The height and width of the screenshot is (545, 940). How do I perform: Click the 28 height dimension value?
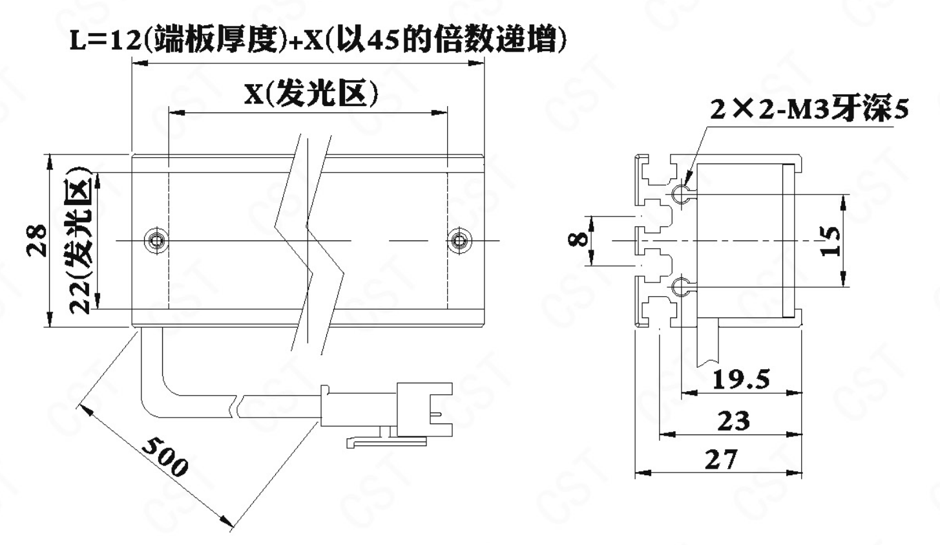coord(37,240)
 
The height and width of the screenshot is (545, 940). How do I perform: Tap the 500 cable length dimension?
coord(165,457)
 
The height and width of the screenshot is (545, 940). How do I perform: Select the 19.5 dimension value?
coord(741,379)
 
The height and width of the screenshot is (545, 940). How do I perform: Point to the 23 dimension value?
coord(733,421)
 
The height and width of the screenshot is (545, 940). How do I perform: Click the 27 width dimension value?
coord(721,460)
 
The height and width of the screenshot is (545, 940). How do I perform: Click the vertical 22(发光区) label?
coord(79,240)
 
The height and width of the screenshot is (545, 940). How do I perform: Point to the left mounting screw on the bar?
coord(156,240)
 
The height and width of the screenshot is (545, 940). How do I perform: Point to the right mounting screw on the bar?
coord(459,240)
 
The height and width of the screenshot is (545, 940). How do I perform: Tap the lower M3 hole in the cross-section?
coord(680,287)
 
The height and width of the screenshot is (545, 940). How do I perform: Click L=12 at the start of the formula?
coord(104,41)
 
